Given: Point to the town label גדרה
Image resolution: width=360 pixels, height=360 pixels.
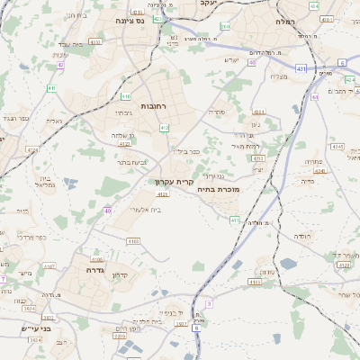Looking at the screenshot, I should click(96, 269).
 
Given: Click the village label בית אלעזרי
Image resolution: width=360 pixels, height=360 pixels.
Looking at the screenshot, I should click(144, 209).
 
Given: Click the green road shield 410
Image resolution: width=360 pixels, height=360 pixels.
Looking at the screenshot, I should click(127, 95).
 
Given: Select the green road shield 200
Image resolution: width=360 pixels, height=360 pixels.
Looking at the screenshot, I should click(224, 27).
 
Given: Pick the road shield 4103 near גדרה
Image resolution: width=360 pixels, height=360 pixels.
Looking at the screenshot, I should click(109, 241).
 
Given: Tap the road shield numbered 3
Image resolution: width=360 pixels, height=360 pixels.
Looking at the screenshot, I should click(209, 304).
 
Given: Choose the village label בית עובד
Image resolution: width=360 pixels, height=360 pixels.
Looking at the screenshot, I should click(70, 44).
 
